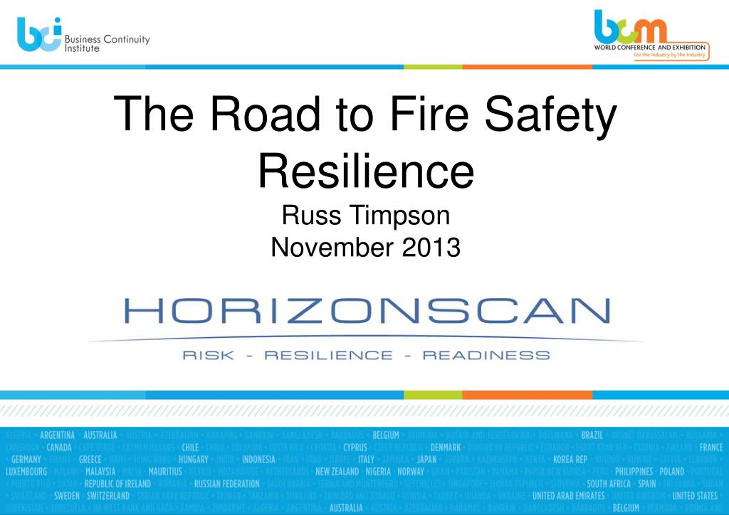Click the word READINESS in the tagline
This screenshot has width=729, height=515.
coord(486,355)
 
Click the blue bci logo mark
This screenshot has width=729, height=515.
coord(38,35)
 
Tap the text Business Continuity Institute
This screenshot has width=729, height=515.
coord(107,43)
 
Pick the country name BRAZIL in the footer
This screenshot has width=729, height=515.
coord(592,435)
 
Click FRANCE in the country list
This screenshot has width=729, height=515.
coord(710,447)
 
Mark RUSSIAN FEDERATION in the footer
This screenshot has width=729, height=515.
coord(227,484)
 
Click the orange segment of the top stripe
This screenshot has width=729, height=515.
coord(527,66)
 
